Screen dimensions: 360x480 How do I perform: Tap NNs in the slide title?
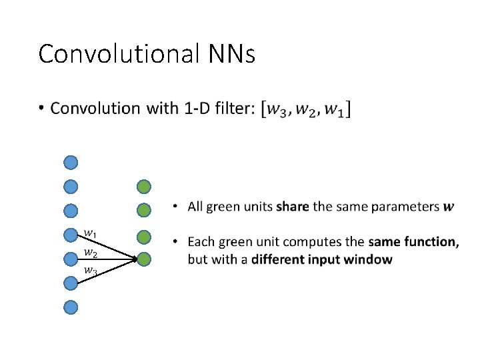pos(231,53)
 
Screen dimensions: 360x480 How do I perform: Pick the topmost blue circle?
pos(71,162)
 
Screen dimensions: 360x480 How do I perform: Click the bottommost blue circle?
pos(71,307)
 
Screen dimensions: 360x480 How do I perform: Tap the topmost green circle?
pos(144,186)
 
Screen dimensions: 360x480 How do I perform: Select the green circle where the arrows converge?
pos(144,259)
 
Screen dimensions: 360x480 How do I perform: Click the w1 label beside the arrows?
pos(90,233)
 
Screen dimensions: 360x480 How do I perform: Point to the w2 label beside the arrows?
pos(90,253)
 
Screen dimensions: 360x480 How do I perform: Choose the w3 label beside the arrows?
pos(90,271)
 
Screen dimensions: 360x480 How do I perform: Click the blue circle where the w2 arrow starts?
pos(71,259)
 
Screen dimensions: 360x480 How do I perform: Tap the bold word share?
pos(292,207)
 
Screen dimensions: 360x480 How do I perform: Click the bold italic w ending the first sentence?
pos(449,207)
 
